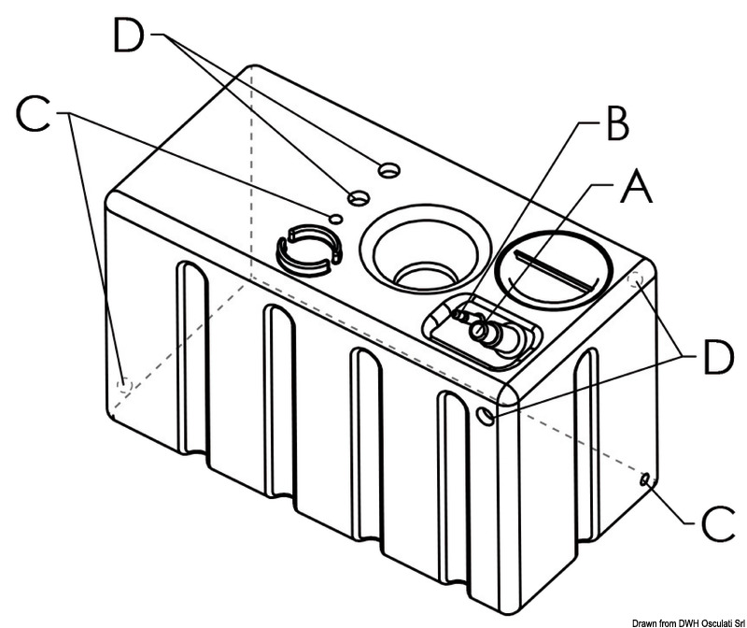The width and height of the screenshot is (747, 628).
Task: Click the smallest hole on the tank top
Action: (335, 218)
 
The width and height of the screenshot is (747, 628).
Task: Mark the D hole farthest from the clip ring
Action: (388, 169)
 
